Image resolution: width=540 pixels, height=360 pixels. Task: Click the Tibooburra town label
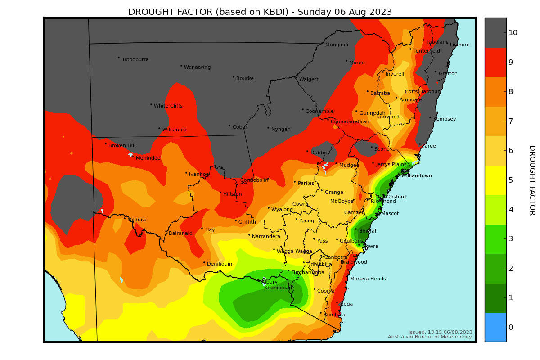135,60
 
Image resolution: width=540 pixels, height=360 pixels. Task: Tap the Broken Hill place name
121,146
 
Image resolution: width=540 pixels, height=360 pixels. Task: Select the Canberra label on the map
336,257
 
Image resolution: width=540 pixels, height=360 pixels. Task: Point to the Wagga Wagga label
294,252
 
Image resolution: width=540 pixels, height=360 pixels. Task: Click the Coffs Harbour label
422,92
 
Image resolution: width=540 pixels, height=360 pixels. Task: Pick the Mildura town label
136,220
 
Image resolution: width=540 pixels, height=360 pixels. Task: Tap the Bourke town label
245,79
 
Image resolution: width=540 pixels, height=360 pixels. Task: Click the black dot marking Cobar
229,126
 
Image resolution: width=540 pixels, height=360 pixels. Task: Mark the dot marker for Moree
346,61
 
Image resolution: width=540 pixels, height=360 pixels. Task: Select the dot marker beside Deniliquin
204,262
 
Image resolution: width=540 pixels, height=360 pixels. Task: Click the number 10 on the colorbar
513,32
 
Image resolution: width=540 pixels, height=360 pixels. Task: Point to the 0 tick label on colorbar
510,327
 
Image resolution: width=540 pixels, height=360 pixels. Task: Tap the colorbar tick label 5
510,180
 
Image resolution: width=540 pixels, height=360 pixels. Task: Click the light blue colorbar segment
495,327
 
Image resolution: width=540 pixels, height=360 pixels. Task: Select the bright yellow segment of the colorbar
495,180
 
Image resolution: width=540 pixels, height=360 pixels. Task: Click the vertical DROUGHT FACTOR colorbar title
531,180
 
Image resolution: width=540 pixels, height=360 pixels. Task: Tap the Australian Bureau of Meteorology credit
430,337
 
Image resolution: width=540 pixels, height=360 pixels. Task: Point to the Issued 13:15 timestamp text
440,332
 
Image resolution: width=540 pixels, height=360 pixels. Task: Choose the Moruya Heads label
368,279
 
